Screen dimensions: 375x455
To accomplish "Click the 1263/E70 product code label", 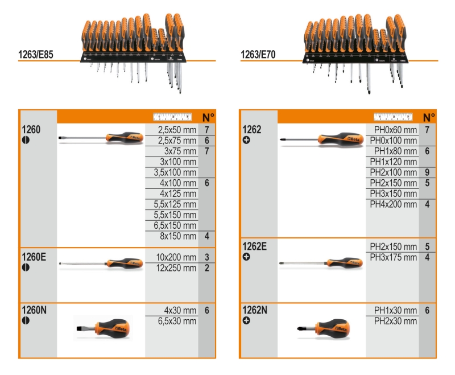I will point(259,56).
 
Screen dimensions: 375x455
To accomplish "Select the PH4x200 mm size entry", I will point(394,204).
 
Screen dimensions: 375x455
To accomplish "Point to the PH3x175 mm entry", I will point(394,257).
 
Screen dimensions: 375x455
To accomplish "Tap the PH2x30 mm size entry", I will point(395,322).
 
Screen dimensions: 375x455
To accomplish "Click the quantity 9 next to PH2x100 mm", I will point(427,172).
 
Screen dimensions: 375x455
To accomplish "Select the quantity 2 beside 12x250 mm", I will point(207,268).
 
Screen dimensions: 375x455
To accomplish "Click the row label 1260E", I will point(34,257).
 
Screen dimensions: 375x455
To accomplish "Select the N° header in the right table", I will point(428,117).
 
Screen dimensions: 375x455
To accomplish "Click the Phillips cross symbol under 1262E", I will point(246,257).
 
